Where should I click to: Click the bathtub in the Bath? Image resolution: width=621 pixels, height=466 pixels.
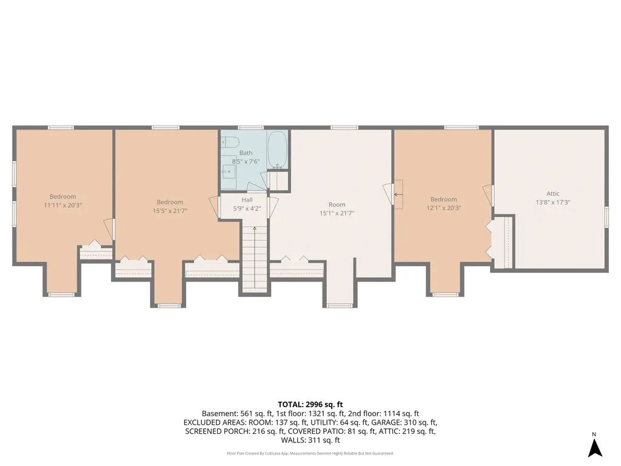click(x=277, y=150)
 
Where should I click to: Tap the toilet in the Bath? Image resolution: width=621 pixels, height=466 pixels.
click(x=229, y=141)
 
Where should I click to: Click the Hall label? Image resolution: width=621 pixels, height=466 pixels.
click(x=247, y=200)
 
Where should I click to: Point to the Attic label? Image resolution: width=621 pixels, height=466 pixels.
click(x=553, y=194)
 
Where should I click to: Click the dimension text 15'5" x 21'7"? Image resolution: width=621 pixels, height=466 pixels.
click(x=170, y=211)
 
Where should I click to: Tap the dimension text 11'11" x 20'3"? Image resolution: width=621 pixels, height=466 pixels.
click(x=62, y=205)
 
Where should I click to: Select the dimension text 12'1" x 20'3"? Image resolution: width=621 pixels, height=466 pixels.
click(x=443, y=208)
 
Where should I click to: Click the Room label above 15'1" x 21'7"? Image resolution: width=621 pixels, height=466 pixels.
click(x=337, y=204)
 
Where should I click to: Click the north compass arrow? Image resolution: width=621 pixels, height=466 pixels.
click(x=595, y=448)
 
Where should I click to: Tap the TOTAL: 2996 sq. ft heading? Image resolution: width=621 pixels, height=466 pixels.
click(x=310, y=405)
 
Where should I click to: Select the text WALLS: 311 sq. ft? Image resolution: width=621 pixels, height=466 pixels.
click(x=310, y=441)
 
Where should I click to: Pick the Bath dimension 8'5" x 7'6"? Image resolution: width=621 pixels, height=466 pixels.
click(x=246, y=161)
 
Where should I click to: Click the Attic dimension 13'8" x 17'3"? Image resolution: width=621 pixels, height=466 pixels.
click(x=553, y=203)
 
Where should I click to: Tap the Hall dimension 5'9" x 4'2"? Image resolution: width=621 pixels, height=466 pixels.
click(x=247, y=209)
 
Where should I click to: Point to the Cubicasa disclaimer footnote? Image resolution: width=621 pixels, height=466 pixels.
click(x=310, y=453)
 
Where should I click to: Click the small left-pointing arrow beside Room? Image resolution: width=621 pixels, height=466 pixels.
click(x=398, y=195)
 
